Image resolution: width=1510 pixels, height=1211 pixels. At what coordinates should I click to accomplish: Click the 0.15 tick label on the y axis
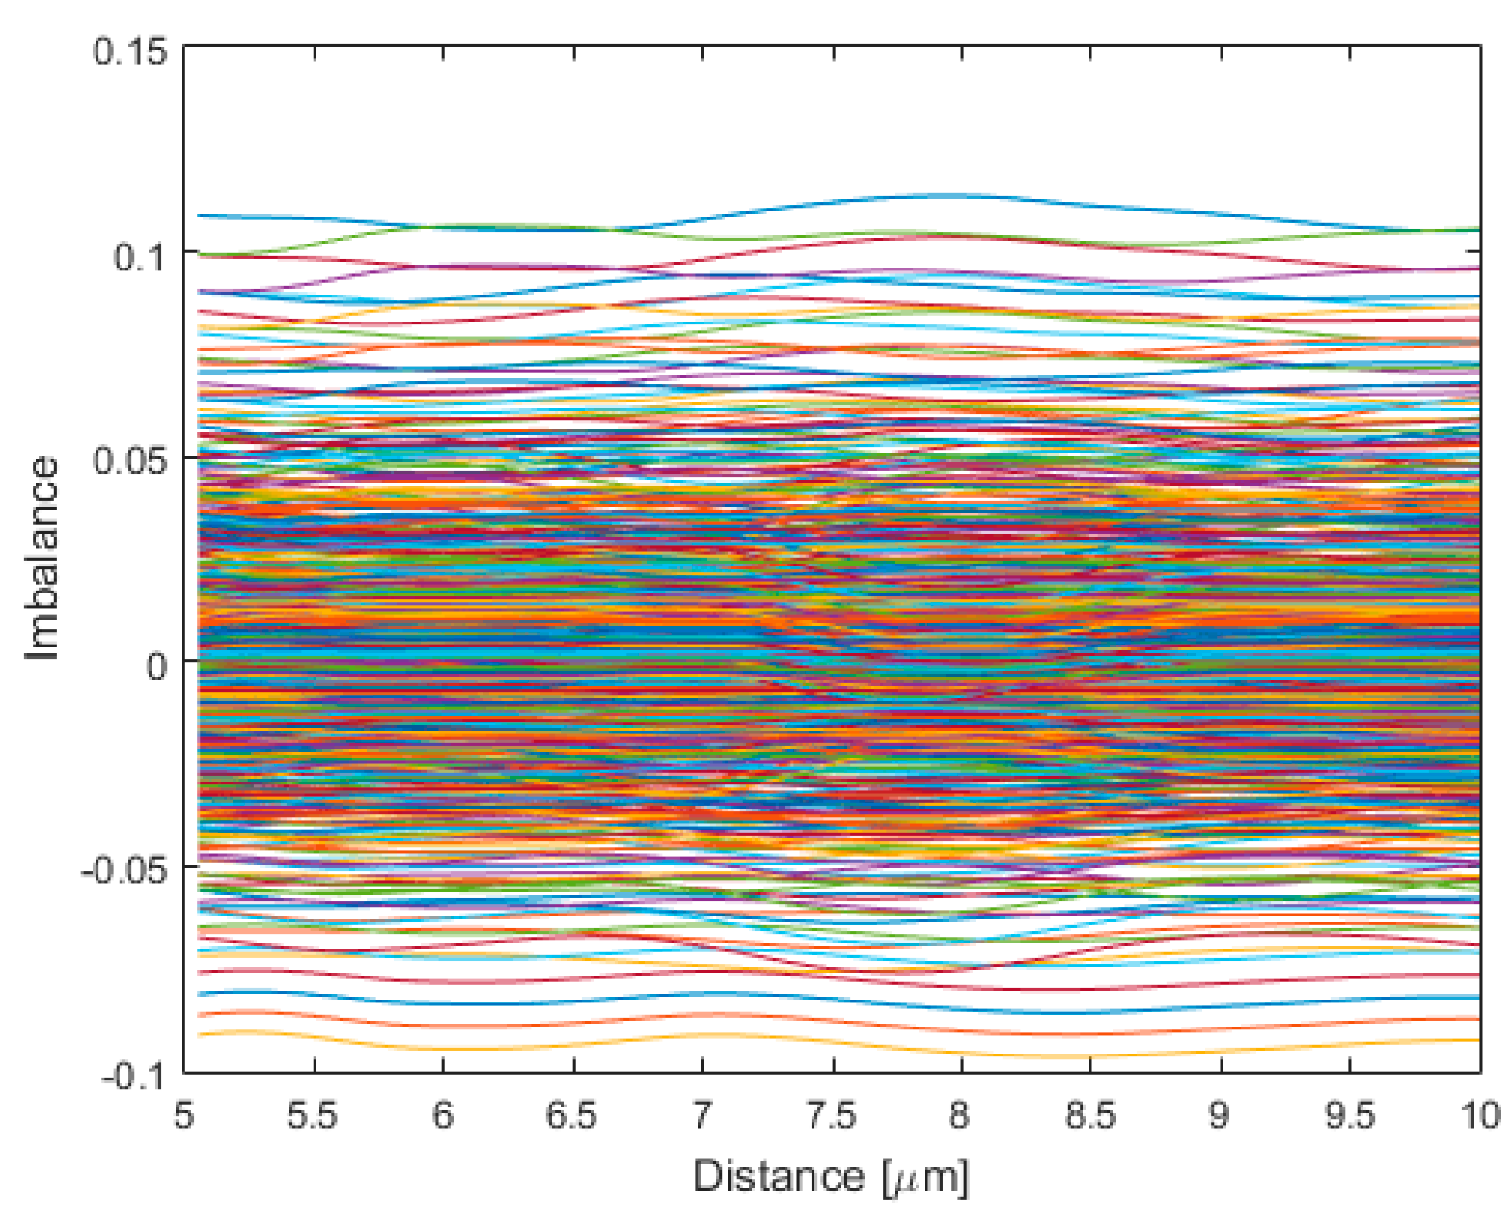(x=129, y=52)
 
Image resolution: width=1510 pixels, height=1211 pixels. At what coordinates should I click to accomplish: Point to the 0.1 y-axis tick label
(x=139, y=257)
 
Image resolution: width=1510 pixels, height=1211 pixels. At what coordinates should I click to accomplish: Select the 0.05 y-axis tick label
(x=129, y=462)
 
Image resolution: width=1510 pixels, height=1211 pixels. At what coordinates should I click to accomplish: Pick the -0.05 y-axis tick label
(x=123, y=871)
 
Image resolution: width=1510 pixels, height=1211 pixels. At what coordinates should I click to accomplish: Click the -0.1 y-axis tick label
(x=133, y=1075)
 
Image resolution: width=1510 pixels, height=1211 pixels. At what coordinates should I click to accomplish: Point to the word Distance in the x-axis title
(x=778, y=1176)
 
